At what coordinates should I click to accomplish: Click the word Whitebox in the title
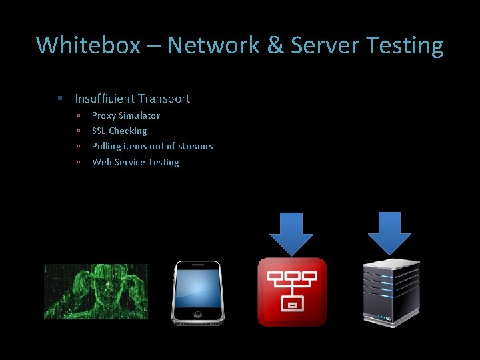[x=88, y=46]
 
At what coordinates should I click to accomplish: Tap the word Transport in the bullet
[x=163, y=99]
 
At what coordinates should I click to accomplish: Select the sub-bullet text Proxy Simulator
[x=126, y=115]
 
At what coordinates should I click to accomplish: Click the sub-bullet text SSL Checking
[x=119, y=131]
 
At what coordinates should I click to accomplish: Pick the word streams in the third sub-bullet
[x=195, y=146]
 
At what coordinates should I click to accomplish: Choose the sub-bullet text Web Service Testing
[x=135, y=162]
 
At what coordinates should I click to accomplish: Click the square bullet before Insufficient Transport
[x=60, y=99]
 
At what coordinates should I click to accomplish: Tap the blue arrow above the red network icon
[x=291, y=233]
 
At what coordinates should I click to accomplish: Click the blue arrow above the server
[x=389, y=232]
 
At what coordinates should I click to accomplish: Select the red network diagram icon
[x=292, y=292]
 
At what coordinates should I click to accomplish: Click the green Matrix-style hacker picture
[x=96, y=291]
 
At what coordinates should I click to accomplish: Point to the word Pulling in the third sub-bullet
[x=106, y=146]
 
